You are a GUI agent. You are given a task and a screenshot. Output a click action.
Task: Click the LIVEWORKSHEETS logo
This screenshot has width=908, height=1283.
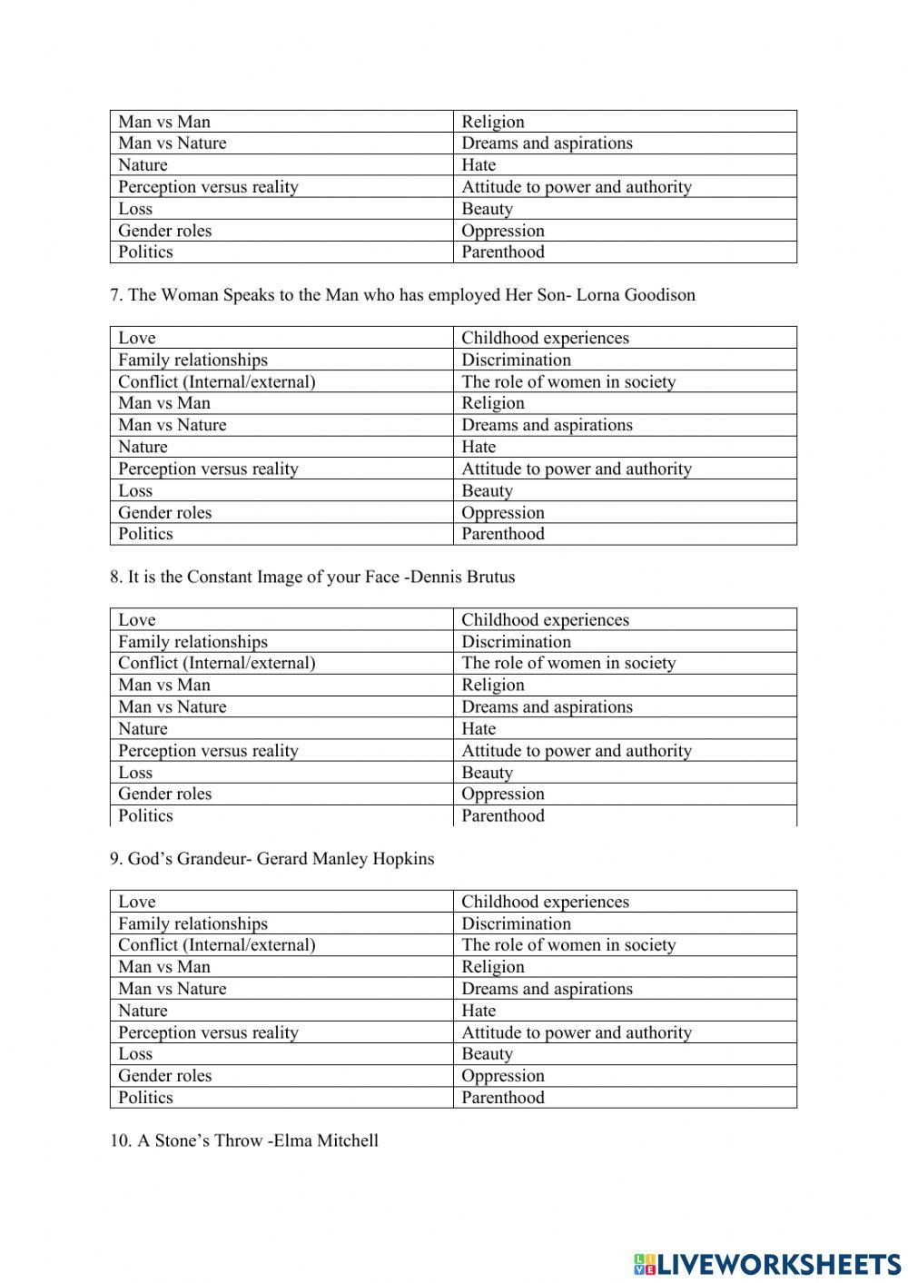[767, 1263]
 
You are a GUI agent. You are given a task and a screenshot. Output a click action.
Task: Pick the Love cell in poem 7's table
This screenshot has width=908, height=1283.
[137, 338]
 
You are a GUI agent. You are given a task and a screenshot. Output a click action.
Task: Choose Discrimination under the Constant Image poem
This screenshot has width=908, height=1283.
[516, 642]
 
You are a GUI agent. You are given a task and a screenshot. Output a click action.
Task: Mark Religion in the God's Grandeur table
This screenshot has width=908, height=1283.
[493, 967]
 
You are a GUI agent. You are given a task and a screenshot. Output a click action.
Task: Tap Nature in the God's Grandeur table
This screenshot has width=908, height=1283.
[143, 1011]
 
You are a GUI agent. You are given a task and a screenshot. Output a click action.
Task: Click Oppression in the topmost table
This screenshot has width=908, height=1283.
[503, 231]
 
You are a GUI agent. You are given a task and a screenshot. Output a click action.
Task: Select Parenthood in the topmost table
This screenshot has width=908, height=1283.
[503, 252]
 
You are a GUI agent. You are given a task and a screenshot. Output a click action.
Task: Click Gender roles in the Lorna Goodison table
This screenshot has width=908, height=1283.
[164, 512]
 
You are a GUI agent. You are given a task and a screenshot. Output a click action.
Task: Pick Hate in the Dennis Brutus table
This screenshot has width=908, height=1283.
[479, 728]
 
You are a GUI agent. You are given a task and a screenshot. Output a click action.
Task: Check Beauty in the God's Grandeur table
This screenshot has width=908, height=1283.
[487, 1054]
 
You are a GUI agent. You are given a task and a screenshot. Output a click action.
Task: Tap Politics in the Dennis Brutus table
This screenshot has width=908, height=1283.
[145, 815]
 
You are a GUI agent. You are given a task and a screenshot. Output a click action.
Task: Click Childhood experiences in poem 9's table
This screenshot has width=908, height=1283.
[545, 902]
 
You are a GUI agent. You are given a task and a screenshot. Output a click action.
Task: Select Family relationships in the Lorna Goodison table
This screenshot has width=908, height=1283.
[192, 360]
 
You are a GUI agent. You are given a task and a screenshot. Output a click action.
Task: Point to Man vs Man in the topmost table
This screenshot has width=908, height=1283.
[164, 122]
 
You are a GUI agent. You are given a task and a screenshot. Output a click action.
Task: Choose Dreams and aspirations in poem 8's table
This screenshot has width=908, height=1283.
[547, 706]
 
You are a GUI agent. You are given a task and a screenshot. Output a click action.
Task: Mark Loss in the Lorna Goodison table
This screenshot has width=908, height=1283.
[135, 490]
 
